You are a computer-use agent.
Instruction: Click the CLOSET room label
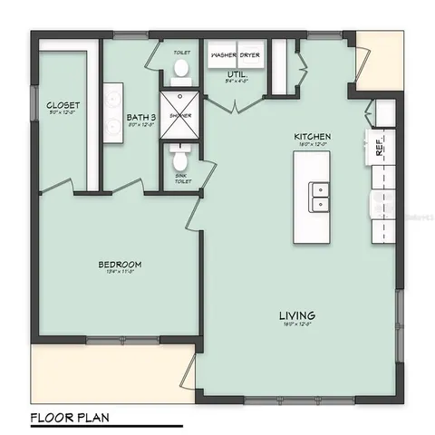62,106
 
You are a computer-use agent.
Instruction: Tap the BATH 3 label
142,117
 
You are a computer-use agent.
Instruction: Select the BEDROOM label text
120,265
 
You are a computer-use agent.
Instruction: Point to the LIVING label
297,316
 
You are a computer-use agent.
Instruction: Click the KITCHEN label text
313,137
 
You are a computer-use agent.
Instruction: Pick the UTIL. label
237,72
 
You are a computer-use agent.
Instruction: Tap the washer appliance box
223,54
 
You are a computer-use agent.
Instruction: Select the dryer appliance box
251,54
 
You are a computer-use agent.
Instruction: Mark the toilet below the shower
181,163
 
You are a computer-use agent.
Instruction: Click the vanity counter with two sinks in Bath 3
114,115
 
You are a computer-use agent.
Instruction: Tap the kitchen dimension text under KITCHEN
313,145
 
